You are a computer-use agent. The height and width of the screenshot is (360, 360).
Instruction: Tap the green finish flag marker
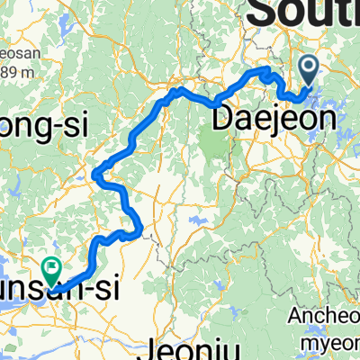51,265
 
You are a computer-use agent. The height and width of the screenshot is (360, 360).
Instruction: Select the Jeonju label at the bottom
190,346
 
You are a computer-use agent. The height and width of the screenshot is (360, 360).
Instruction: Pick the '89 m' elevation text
18,72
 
